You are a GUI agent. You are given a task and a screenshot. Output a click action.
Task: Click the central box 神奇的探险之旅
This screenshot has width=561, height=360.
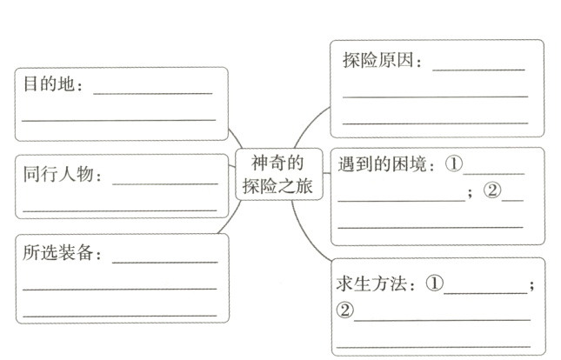[x=279, y=174]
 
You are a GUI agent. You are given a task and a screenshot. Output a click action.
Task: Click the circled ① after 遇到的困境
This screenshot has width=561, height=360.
[x=455, y=164]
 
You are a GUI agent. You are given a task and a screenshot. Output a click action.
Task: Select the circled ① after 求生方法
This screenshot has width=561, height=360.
[x=435, y=283]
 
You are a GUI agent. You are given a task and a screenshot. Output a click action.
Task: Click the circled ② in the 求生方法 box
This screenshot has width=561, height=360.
[x=345, y=310]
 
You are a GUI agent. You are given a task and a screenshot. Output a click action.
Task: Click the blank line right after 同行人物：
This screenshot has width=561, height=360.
[x=165, y=183]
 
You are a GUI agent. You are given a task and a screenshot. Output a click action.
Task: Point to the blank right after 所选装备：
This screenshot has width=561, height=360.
[x=165, y=261]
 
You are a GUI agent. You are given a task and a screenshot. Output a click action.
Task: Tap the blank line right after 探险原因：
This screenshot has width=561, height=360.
[x=478, y=68]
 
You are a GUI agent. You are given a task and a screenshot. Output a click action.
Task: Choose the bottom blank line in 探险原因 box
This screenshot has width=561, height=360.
[x=435, y=123]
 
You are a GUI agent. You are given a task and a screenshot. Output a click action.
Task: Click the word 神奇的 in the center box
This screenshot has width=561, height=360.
[x=279, y=163]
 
